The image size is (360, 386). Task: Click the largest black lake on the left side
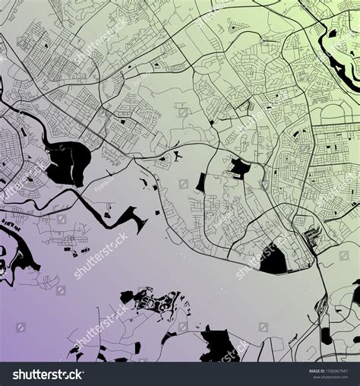[x=68, y=162]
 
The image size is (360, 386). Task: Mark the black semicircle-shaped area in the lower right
[x=273, y=260]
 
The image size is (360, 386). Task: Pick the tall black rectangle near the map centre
[x=201, y=182]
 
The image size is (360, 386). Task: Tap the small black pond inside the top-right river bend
[x=335, y=34]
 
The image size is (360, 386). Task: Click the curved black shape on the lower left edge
[x=18, y=255]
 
